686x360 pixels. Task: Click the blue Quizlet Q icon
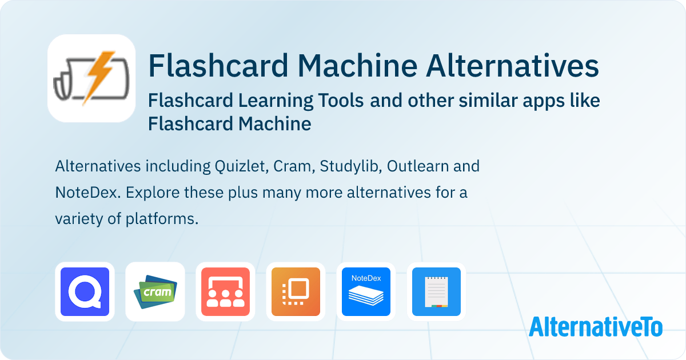[x=85, y=292]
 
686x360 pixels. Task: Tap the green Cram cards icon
[x=155, y=292]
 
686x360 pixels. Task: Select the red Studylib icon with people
[x=225, y=292]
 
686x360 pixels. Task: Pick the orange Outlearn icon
[x=296, y=292]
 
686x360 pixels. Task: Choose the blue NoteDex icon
[x=366, y=292]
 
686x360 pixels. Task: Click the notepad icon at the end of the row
[x=436, y=292]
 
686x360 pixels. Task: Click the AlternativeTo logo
[x=596, y=326]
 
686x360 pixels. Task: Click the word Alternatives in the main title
[x=512, y=66]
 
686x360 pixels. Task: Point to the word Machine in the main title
[x=357, y=66]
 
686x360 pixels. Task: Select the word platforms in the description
[x=162, y=219]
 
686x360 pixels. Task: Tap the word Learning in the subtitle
[x=276, y=101]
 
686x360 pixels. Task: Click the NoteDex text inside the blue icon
[x=366, y=278]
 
